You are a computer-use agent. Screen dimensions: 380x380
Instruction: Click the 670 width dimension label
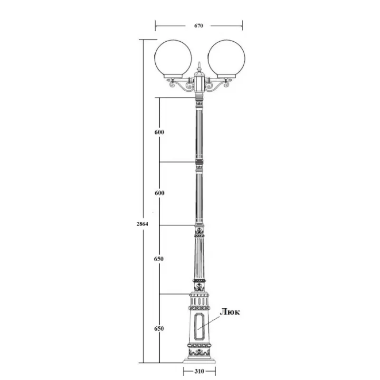[x=199, y=26]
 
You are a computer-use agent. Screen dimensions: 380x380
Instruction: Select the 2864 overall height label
[x=142, y=224]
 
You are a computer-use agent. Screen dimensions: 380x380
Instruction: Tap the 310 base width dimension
[x=199, y=371]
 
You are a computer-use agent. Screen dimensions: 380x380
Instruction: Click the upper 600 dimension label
[x=159, y=132]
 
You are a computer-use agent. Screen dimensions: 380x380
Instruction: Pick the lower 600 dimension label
[x=160, y=193]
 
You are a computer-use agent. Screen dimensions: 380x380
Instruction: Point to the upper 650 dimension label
[x=159, y=259]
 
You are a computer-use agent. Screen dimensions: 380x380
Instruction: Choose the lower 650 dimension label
[x=159, y=329]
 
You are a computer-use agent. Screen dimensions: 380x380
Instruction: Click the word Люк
[x=230, y=312]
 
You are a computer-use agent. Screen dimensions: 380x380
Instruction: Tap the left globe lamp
[x=173, y=59]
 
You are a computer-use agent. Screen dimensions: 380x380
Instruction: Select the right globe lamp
[x=226, y=59]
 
